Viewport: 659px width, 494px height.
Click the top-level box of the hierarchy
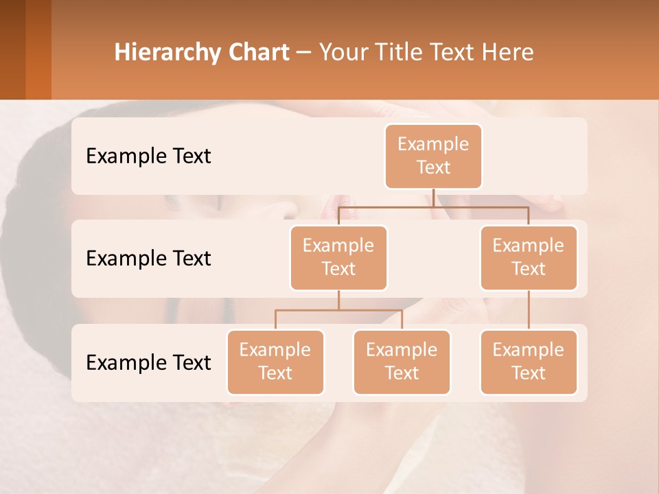click(x=433, y=156)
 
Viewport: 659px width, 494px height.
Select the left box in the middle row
click(x=338, y=257)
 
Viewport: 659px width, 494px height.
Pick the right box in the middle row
click(x=529, y=257)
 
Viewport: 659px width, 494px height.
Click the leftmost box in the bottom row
click(x=275, y=362)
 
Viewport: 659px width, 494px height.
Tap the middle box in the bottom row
click(x=402, y=362)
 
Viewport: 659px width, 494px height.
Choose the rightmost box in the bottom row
click(x=529, y=362)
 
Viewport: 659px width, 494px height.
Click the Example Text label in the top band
click(x=148, y=156)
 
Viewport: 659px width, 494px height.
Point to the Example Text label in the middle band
click(x=148, y=258)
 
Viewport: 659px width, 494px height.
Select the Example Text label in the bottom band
click(x=148, y=362)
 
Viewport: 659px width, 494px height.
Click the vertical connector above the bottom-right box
click(x=529, y=310)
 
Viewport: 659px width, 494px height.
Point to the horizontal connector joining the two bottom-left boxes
click(x=338, y=310)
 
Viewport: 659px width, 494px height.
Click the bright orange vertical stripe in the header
click(x=38, y=49)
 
